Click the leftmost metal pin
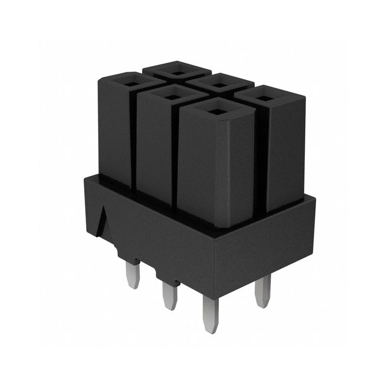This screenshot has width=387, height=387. click(134, 273)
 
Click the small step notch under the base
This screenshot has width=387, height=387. click(120, 252)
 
